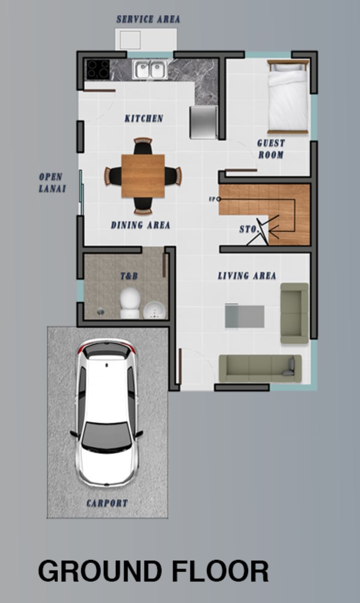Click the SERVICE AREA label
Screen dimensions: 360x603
[148, 19]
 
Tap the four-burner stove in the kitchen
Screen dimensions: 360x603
[98, 69]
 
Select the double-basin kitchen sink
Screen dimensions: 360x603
[150, 69]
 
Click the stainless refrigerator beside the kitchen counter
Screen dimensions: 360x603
[203, 122]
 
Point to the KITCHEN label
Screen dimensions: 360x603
[144, 118]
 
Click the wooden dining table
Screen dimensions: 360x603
[143, 176]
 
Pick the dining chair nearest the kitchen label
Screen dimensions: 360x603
[143, 146]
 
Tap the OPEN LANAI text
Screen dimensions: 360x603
[52, 183]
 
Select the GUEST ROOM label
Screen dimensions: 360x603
[271, 149]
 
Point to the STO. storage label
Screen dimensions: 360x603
[249, 229]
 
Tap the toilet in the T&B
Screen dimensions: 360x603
[130, 303]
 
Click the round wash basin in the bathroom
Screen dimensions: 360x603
[154, 310]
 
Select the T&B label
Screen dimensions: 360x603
[129, 276]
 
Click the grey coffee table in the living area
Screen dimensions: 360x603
[245, 316]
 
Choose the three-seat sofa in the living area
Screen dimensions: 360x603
[260, 368]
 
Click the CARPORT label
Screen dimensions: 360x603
[107, 503]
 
